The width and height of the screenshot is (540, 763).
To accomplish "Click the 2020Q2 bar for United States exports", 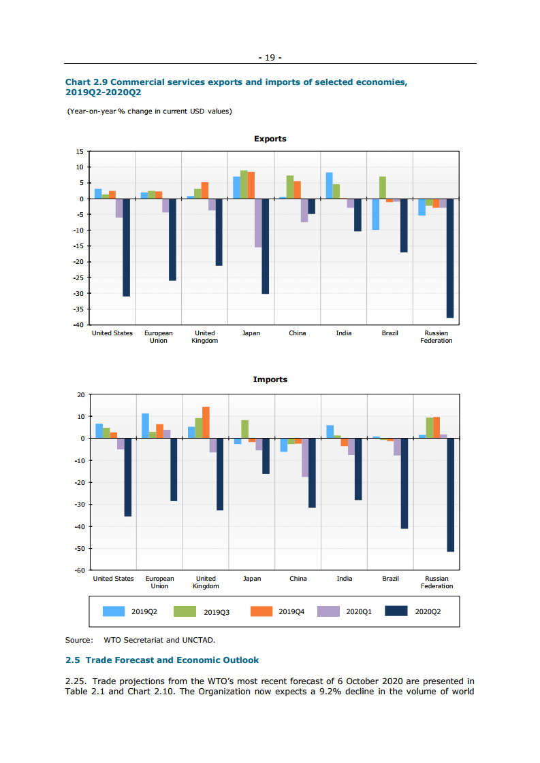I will coord(126,248).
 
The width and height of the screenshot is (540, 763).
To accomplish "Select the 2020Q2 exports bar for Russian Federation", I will coord(450,258).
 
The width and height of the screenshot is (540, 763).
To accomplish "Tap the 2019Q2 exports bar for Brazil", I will coord(375,214).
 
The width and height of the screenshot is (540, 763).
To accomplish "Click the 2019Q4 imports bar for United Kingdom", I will coord(206,422).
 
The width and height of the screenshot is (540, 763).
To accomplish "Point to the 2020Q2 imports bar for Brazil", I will coord(404,484).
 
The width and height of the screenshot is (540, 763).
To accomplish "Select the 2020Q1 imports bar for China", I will coord(305,458).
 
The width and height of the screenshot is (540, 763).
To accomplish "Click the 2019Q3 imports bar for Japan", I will coord(244,429).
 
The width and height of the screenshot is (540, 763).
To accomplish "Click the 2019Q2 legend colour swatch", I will coord(114,611).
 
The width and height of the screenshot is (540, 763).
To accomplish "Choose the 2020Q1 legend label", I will coord(359,612).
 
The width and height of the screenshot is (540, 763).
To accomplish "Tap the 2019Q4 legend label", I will coord(291,612).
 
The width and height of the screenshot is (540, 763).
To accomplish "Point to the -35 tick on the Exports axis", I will coord(79,309).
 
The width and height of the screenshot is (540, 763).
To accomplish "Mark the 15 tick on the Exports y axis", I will coord(80,152).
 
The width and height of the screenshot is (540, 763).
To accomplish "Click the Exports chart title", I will coord(270,139).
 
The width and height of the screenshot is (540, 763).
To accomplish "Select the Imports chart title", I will coord(270,379).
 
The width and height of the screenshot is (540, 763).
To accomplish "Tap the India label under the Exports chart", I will coord(344,333).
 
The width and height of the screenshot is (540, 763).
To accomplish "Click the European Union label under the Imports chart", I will coord(159,582).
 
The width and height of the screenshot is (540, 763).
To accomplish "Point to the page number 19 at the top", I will coord(270,58).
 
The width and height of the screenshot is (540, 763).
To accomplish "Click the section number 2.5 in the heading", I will coord(72,660).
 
